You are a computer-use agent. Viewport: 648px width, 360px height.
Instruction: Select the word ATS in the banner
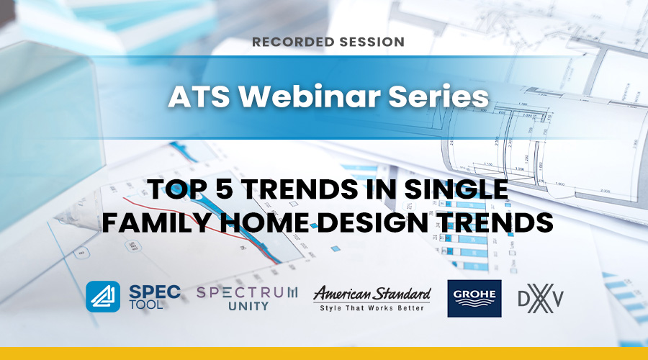(199, 96)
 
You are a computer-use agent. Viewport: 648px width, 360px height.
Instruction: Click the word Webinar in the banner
(309, 96)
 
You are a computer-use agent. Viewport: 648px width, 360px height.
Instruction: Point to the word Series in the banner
(438, 96)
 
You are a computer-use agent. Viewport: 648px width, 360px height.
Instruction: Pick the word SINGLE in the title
(456, 189)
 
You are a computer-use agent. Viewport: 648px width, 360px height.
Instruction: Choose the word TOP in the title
(177, 189)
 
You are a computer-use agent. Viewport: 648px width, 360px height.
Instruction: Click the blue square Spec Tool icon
(103, 297)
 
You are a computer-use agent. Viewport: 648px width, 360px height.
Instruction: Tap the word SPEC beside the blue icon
(155, 292)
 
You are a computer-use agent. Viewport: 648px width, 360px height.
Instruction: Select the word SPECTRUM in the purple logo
(247, 292)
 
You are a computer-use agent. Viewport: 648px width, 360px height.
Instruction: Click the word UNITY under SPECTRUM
(248, 306)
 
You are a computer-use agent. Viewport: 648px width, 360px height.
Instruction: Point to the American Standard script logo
(372, 294)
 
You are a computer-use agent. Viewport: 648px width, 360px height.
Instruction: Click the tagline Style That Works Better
(372, 308)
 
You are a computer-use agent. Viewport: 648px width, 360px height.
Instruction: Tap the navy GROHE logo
(474, 298)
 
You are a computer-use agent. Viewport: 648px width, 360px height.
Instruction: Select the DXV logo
(541, 298)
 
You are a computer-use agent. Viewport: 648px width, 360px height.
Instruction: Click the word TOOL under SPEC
(146, 305)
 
